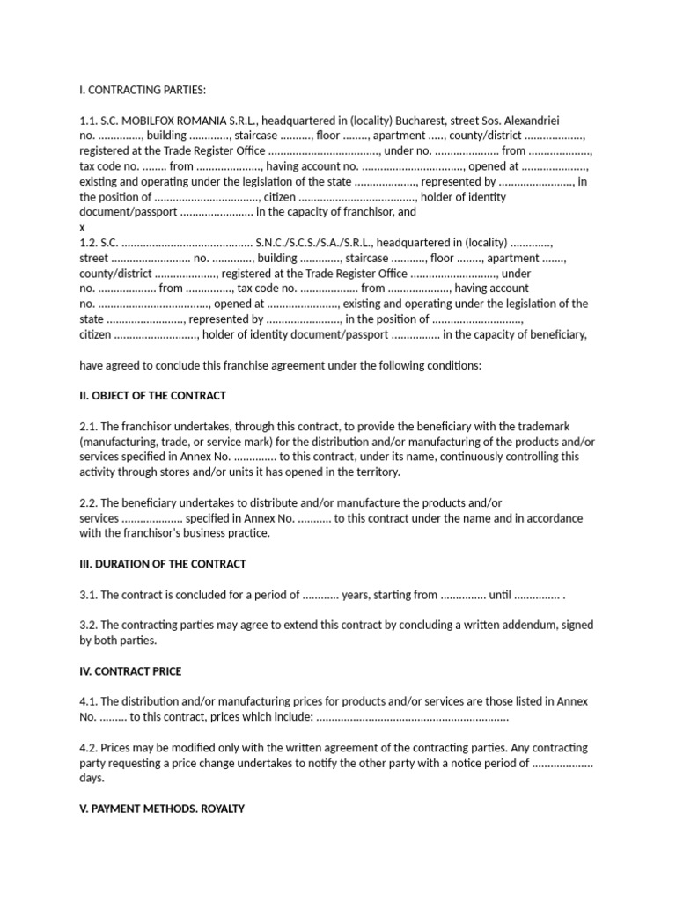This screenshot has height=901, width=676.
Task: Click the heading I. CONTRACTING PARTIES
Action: coord(142,89)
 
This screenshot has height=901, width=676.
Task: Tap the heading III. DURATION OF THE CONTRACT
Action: coord(163,563)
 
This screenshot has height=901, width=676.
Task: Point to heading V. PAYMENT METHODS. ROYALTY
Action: coord(162,809)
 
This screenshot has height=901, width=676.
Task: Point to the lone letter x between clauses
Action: coord(83,227)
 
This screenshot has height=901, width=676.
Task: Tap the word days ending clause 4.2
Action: coord(92,778)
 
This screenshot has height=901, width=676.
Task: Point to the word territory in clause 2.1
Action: coord(374,472)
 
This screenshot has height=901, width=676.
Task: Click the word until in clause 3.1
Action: coord(500,595)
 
